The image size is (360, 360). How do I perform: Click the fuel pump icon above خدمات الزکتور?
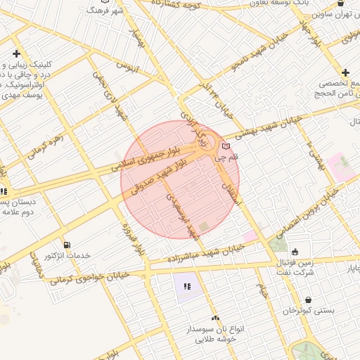click(x=66, y=245)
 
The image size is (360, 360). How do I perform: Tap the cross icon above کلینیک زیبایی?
click(x=16, y=54)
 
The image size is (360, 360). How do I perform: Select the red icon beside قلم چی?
click(x=225, y=146)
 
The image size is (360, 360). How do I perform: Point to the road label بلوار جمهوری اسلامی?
click(x=144, y=160)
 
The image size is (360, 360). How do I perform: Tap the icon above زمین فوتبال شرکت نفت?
click(x=295, y=251)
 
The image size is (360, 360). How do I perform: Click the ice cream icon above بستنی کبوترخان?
click(x=309, y=299)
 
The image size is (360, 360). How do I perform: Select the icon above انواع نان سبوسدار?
click(x=215, y=318)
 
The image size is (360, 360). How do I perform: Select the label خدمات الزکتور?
click(x=67, y=256)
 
